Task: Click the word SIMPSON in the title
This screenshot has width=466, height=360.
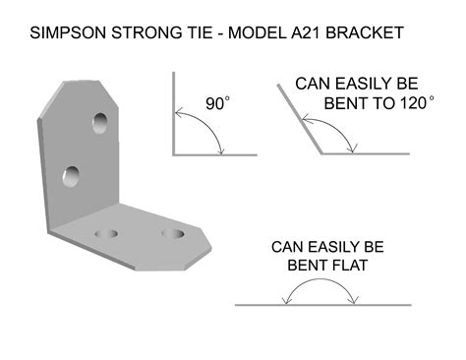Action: coord(68,32)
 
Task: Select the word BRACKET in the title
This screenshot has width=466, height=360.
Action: coord(365,32)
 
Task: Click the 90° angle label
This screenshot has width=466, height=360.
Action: coord(217,103)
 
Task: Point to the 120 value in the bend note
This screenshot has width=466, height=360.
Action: coord(413,103)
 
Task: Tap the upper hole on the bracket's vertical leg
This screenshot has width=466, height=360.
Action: coord(99,123)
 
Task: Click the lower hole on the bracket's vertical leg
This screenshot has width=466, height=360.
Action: coord(71,177)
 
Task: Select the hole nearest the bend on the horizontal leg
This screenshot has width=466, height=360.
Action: coord(106,234)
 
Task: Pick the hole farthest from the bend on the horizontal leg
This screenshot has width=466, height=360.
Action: coord(173,233)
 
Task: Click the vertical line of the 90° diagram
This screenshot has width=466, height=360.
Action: coord(174,113)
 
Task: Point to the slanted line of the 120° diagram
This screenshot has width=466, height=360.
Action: coord(299,119)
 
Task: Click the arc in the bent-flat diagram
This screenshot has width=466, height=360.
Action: coord(320,279)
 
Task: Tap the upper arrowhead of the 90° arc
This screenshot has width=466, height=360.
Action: coord(178,113)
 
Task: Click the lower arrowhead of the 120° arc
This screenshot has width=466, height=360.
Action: coord(353,150)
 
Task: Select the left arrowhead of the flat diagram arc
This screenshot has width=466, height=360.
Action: coord(286,300)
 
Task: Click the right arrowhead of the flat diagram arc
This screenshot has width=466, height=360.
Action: coord(354,300)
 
